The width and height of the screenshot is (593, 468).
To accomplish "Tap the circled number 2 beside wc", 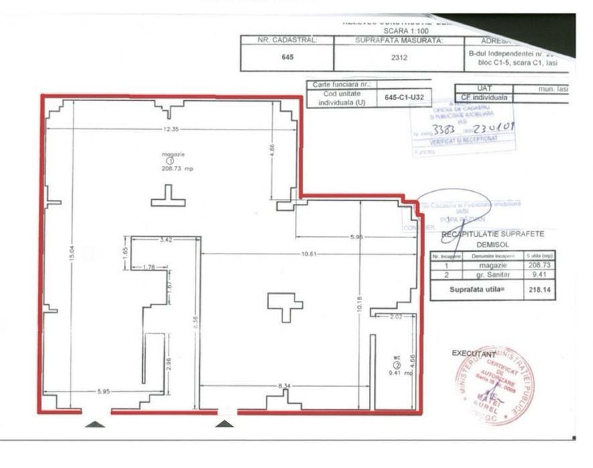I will click(396, 364).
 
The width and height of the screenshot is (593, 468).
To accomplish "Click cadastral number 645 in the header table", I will click(287, 57).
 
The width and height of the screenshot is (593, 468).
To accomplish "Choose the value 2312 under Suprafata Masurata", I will click(400, 57).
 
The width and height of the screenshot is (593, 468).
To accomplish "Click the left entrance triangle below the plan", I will click(96, 423).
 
